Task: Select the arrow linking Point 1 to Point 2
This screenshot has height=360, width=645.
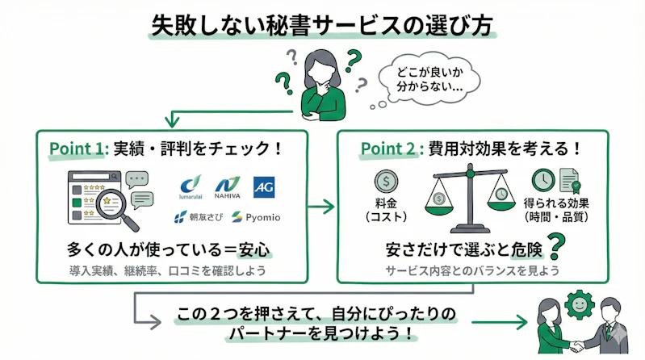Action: tap(321, 207)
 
